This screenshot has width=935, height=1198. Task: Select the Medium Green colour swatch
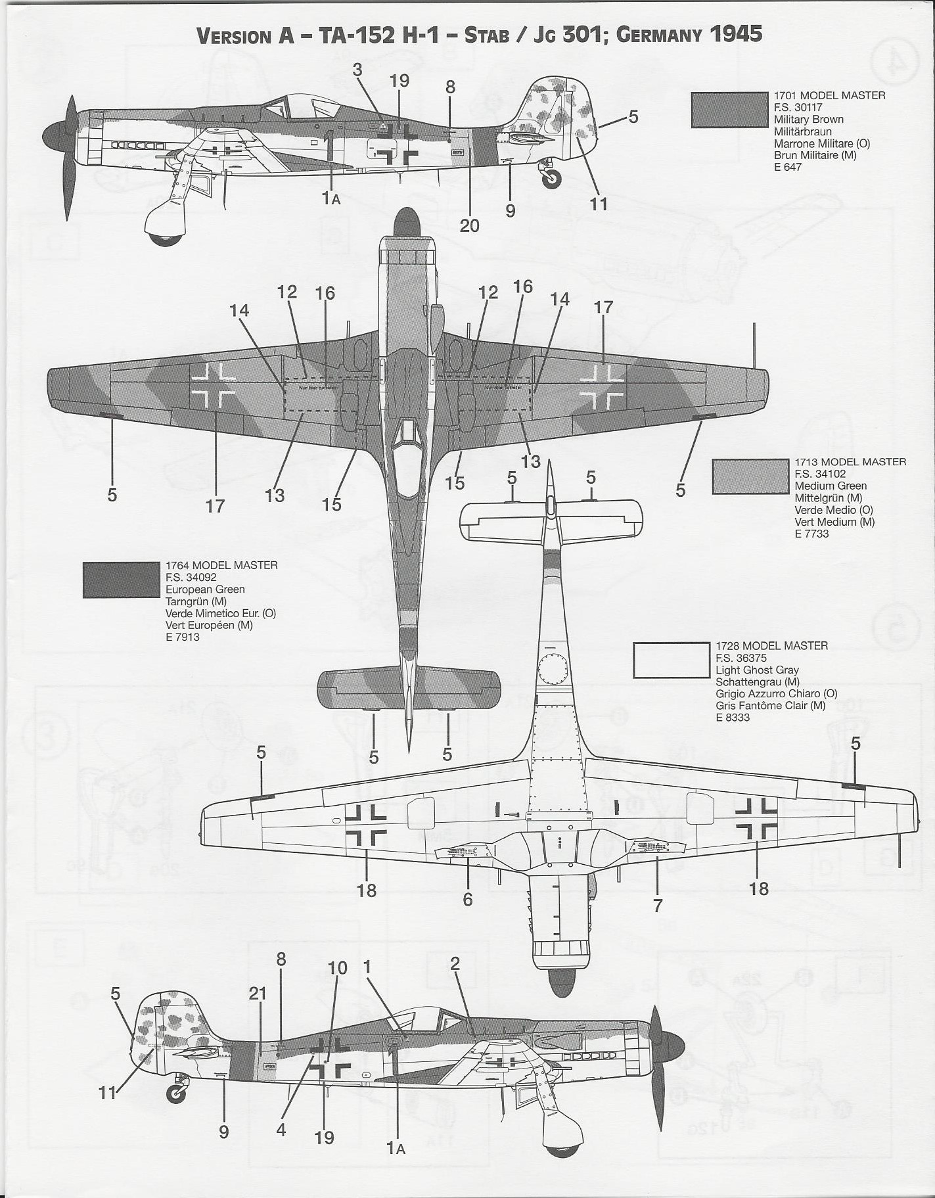(750, 476)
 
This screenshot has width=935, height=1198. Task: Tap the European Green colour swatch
(121, 580)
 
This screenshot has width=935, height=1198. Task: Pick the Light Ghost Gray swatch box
(671, 660)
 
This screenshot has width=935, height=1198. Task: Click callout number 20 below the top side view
(469, 225)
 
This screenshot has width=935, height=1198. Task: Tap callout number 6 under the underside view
(467, 898)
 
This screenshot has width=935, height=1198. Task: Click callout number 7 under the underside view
(658, 904)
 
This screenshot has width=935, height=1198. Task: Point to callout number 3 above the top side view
(357, 70)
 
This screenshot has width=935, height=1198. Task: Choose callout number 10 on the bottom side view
(337, 968)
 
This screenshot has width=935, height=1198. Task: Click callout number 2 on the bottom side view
(455, 963)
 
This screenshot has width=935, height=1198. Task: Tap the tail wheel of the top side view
(552, 178)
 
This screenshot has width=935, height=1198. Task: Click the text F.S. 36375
(741, 658)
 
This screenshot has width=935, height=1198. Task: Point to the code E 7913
(183, 637)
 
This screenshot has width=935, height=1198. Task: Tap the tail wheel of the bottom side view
(176, 1093)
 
